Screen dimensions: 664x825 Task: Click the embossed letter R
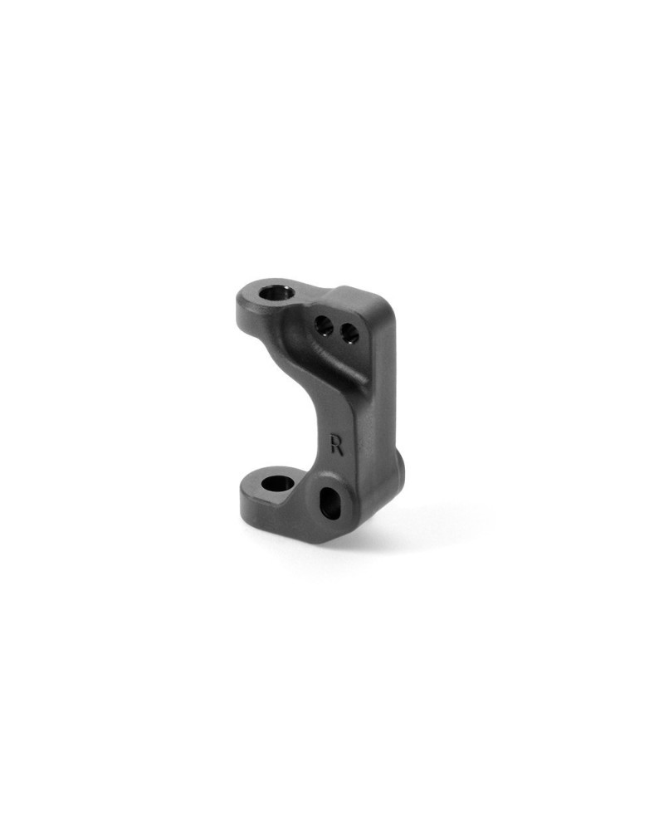[337, 445]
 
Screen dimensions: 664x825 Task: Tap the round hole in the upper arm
[276, 291]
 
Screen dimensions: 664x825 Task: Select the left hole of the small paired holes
[324, 325]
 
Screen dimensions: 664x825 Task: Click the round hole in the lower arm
[278, 483]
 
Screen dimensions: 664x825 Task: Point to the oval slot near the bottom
[330, 502]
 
